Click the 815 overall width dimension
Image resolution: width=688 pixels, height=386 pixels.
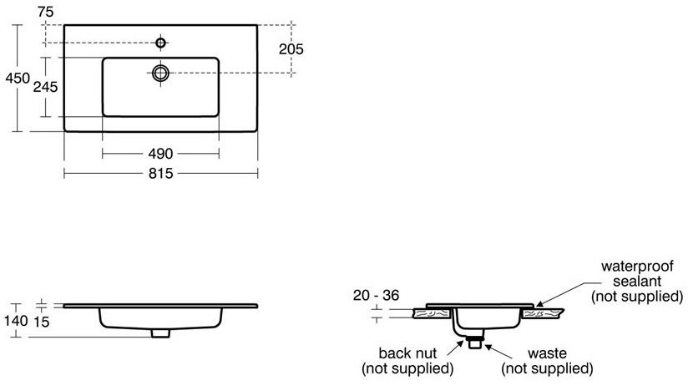point(160,174)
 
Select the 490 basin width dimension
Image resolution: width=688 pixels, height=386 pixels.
point(160,154)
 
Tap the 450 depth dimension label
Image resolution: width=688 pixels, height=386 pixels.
point(18,79)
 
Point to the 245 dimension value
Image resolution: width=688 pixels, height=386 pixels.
point(46,87)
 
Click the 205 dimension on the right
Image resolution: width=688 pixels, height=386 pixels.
point(291,49)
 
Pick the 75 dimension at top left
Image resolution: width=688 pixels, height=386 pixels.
point(46,12)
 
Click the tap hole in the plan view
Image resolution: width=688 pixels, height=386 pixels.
point(161,43)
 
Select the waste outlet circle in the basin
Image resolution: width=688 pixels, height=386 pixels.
point(160,73)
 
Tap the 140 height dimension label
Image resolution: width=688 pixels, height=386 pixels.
point(16,321)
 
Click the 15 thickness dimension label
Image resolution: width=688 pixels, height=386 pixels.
point(42,322)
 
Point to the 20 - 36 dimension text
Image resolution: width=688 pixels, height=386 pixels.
point(376,295)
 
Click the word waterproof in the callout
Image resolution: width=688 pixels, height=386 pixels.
point(637,267)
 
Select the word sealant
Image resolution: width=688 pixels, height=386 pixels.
point(637,281)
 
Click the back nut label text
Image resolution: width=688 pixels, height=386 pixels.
point(407,353)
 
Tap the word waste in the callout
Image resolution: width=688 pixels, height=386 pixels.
point(547,353)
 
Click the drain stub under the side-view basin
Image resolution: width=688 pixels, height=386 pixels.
point(160,333)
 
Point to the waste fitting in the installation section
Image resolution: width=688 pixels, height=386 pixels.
point(475,342)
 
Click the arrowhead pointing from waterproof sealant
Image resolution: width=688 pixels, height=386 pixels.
point(539,303)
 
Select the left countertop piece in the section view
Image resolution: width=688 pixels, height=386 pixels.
point(433,313)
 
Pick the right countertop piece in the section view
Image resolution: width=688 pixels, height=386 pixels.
point(541,313)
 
